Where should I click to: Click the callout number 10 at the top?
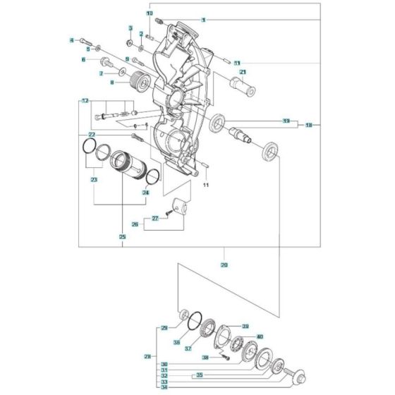pyautogui.click(x=150, y=13)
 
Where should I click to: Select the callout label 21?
pyautogui.click(x=242, y=72)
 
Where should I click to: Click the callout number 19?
pyautogui.click(x=309, y=125)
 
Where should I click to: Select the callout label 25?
pyautogui.click(x=123, y=237)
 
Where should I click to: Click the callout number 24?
pyautogui.click(x=145, y=192)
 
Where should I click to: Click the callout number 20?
pyautogui.click(x=224, y=265)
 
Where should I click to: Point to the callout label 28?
pyautogui.click(x=147, y=355)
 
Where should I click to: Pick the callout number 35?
pyautogui.click(x=200, y=375)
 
